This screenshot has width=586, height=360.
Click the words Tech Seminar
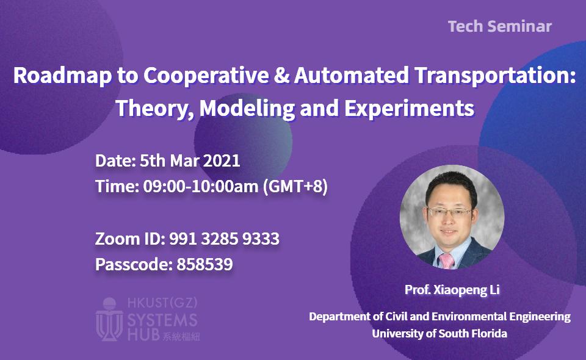[x=500, y=26]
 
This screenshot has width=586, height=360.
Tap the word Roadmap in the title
[x=62, y=76]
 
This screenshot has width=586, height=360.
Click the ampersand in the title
[x=281, y=74]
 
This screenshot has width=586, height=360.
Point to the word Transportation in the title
[x=495, y=75]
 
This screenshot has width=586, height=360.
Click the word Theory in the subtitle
[x=154, y=108]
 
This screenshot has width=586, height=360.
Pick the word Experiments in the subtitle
[x=409, y=108]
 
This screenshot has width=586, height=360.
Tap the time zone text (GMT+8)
[x=295, y=186]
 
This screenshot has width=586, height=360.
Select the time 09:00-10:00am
[x=201, y=186]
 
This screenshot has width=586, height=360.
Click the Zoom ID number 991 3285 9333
[x=224, y=239]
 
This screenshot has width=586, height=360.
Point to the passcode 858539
[x=204, y=264]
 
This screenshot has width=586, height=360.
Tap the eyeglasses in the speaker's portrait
[x=449, y=212]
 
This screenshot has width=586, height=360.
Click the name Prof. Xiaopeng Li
[x=452, y=290]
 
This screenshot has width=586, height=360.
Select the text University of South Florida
[x=440, y=334]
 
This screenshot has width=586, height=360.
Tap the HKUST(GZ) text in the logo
[x=162, y=303]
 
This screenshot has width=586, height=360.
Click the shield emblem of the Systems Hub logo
[x=109, y=320]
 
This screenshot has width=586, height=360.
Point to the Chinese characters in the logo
[x=181, y=336]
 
